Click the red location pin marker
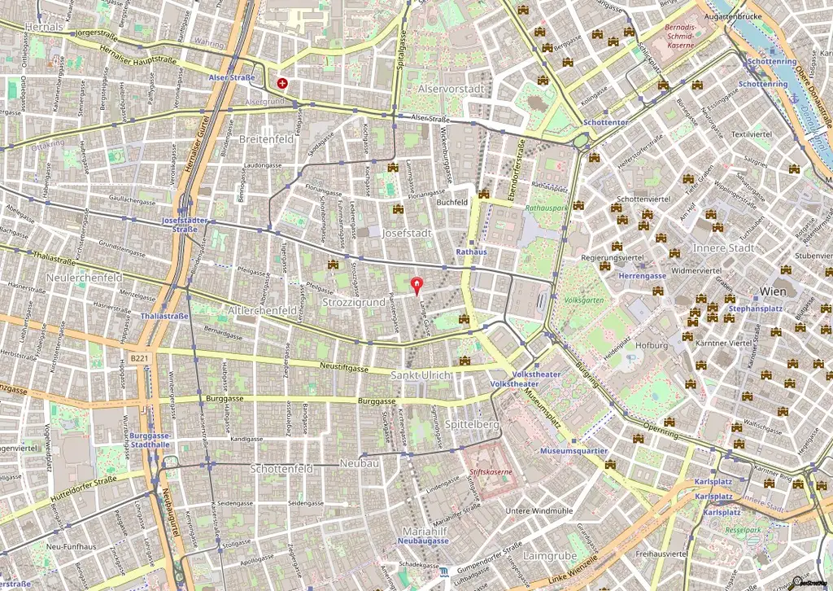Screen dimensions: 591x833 418,286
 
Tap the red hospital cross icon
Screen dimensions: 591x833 282,83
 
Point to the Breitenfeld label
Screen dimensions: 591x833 266,139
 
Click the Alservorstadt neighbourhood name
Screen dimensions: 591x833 451,88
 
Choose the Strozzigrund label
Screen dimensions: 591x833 353,303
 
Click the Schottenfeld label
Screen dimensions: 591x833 281,469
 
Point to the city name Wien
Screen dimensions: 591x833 773,291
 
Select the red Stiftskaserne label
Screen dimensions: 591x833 491,471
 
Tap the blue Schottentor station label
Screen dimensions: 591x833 604,122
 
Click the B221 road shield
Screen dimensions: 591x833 139,357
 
